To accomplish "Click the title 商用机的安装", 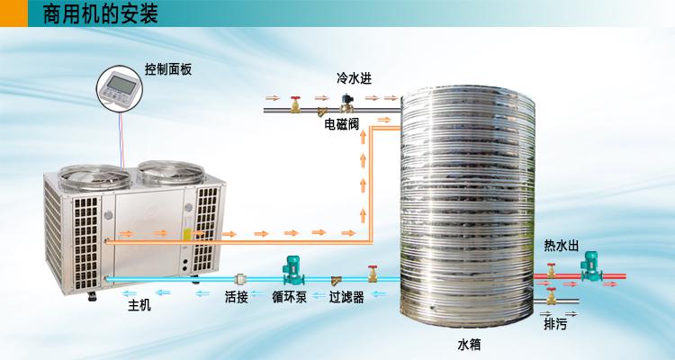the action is (100, 13).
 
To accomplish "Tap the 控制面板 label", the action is (168, 70).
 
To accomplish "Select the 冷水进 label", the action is (354, 78).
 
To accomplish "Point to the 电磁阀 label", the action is (341, 124).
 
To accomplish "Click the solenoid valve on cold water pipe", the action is (346, 103).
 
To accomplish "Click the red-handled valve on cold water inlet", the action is (295, 104).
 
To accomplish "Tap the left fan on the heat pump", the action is (94, 177).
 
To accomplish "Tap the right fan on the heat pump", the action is (171, 172).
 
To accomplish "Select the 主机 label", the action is (139, 305).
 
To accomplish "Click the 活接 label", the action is (237, 297).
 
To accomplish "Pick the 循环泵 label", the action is (289, 297).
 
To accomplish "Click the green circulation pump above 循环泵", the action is (293, 270).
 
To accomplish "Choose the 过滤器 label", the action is (346, 297).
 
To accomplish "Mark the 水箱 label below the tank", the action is (469, 345).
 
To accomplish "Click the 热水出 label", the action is (562, 246).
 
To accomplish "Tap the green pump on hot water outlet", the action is (591, 266).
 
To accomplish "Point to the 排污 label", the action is (555, 324).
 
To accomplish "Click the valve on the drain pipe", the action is (552, 296).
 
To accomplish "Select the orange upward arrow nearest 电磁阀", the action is (363, 138).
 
